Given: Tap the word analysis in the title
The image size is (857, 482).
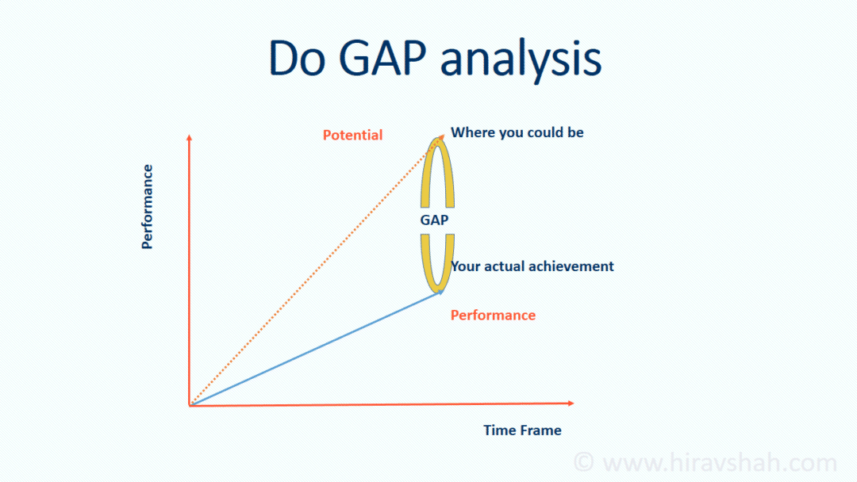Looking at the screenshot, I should click(521, 59).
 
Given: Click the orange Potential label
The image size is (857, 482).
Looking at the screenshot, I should click(352, 135).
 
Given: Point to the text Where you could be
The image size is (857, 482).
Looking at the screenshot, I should click(517, 132).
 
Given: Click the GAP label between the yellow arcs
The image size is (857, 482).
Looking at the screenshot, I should click(434, 220).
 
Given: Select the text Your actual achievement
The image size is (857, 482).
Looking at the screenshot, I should click(532, 266).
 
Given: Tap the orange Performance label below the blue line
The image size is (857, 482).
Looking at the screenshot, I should click(493, 315).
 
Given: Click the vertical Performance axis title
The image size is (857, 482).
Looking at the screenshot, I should click(148, 206).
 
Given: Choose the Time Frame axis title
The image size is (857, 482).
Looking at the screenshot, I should click(522, 430).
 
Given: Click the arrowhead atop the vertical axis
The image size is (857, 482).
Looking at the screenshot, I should click(189, 138).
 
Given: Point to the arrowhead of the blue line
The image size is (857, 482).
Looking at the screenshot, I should click(440, 293).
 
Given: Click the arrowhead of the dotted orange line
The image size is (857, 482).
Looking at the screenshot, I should click(441, 137).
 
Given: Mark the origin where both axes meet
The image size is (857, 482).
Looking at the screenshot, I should click(190, 405).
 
